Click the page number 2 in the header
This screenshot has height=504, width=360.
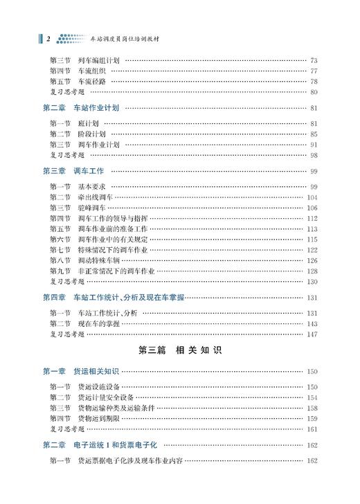coord(48,39)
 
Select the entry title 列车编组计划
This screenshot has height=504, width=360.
coord(98,60)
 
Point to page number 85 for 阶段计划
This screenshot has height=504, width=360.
coord(313,134)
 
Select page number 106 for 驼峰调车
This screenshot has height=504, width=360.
coord(311,208)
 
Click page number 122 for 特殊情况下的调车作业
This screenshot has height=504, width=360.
coord(311,250)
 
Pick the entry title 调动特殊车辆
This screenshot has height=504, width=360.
coord(98,260)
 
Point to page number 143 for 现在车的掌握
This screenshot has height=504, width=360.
coord(311,323)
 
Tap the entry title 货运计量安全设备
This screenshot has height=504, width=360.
coord(107,397)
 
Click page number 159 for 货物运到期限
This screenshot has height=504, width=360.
coord(311,418)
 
